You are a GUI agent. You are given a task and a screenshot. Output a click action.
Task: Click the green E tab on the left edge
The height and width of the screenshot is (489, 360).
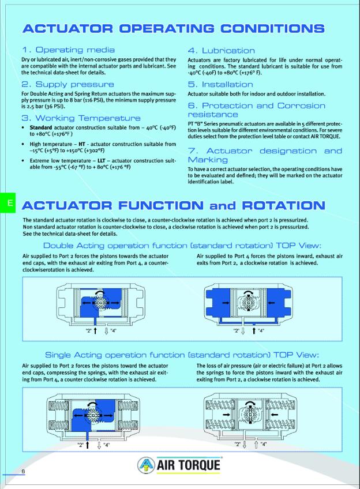coord(9,203)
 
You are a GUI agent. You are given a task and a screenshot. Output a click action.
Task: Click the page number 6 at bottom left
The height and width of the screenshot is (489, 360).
coord(24,472)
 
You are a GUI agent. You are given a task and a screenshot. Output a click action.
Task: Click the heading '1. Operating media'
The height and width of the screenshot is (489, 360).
coord(68,50)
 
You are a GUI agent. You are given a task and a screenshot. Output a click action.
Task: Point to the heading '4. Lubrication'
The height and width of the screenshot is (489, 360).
coord(222,50)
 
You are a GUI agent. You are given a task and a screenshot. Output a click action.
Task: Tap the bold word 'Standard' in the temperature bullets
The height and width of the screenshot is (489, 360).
coord(40,127)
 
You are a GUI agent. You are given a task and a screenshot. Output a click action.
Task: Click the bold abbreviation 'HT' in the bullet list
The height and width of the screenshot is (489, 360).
coord(82,144)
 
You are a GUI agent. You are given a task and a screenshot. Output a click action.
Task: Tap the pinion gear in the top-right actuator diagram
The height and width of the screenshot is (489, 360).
coord(249,302)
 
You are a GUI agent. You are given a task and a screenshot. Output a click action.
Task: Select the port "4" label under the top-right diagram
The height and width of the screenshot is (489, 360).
coord(261,330)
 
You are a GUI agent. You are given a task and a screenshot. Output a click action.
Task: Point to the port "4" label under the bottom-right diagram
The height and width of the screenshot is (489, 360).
coord(264,445)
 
